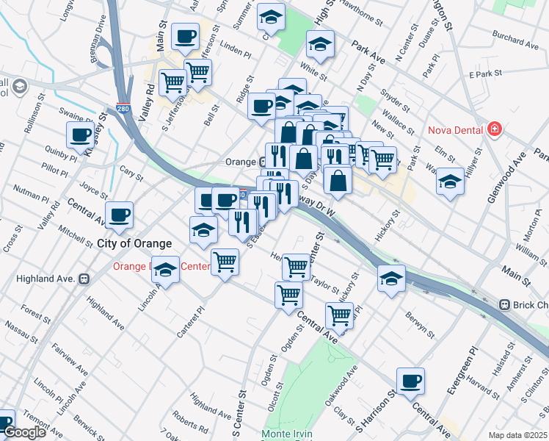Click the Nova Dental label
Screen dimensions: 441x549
(454, 131)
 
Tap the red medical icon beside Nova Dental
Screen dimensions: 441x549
(494, 130)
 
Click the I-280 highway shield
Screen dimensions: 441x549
(123, 109)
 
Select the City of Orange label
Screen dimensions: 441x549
(134, 243)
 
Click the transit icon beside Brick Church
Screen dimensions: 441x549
(504, 304)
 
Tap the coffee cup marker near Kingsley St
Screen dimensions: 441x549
(81, 135)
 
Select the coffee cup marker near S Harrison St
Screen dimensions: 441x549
(410, 381)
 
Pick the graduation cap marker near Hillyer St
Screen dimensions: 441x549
(450, 182)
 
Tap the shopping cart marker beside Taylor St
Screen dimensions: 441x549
(296, 266)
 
